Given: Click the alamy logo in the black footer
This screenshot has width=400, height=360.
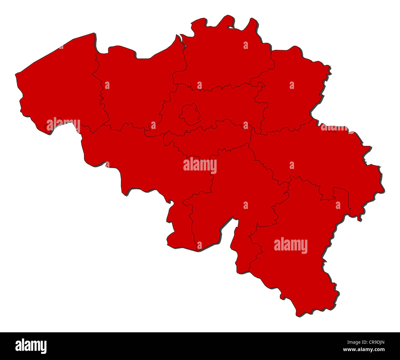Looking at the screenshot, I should coord(31,346).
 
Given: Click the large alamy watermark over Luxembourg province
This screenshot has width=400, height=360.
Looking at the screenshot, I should coord(290,245).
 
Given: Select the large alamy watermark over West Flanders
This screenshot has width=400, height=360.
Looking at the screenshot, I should coord(63,125).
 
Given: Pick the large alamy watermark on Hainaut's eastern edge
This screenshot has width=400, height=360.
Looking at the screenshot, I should coord(200,166).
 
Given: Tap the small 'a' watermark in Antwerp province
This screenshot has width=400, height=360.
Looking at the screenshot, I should coord(246,45).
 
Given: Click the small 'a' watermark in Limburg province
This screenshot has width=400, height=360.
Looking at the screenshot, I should coord(292,85).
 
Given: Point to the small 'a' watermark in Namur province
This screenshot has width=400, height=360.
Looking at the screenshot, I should coord(246,205).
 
